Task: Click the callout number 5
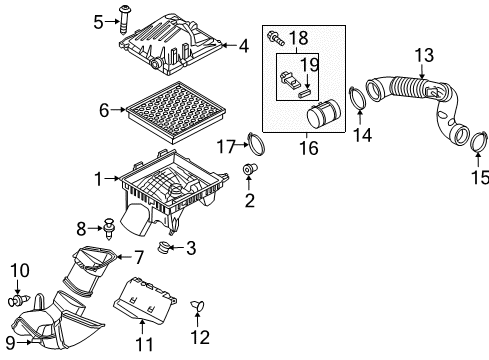point(98,19)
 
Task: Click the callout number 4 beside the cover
point(243,45)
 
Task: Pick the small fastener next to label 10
point(45,299)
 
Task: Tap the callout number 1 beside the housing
point(98,180)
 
